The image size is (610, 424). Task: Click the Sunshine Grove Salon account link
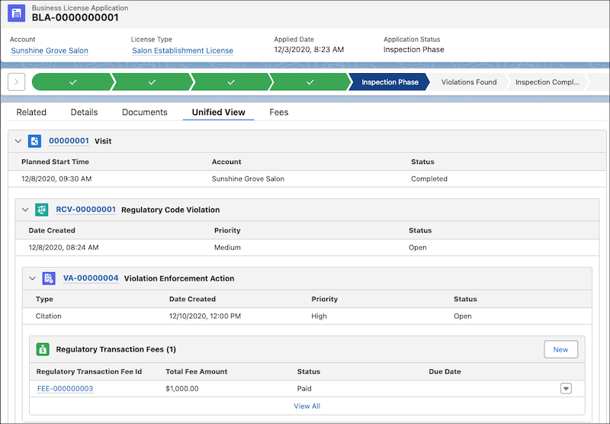pos(50,51)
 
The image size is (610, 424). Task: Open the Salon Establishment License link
pos(182,51)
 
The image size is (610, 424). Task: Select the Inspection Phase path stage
pos(390,82)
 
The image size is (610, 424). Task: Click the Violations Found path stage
pos(469,82)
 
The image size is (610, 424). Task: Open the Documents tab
pos(144,112)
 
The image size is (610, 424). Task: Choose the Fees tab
pos(279,112)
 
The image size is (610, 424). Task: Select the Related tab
pos(31,112)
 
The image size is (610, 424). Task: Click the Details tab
pos(84,112)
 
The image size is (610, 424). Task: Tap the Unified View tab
pos(218,112)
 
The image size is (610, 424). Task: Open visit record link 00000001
pos(69,141)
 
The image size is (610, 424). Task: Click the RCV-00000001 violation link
pos(85,210)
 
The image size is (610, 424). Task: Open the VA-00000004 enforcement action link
pos(91,278)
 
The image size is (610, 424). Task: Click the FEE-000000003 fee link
pos(65,389)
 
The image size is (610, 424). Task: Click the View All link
pos(307,406)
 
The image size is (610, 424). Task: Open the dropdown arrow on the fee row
pos(566,388)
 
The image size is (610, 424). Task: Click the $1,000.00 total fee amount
pos(181,389)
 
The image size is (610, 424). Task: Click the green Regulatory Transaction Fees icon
pos(43,349)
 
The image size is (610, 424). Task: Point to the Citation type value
pos(49,316)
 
